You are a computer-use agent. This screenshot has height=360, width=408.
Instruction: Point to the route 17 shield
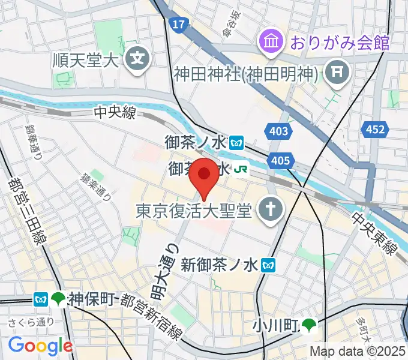[x=178, y=25]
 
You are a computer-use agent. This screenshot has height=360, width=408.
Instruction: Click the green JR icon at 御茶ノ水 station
[x=242, y=170]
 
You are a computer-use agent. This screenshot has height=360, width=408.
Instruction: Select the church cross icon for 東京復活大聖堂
[x=267, y=209]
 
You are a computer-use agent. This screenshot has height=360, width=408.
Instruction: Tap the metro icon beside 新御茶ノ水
[x=271, y=264]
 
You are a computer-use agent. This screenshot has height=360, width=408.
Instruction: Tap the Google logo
[x=40, y=346]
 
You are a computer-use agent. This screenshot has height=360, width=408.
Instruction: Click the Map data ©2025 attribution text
[x=358, y=352]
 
